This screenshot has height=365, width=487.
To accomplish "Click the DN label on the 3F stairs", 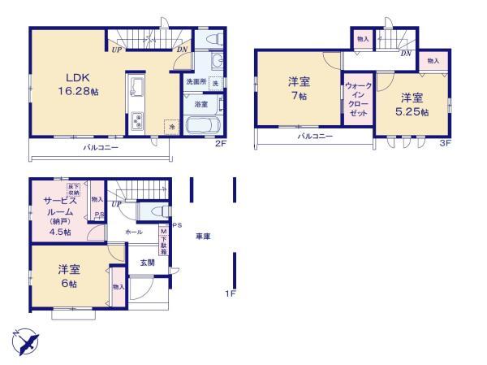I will click(x=404, y=54).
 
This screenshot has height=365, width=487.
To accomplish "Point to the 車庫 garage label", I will click(x=203, y=236).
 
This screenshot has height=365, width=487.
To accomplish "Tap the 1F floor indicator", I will click(x=231, y=293).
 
